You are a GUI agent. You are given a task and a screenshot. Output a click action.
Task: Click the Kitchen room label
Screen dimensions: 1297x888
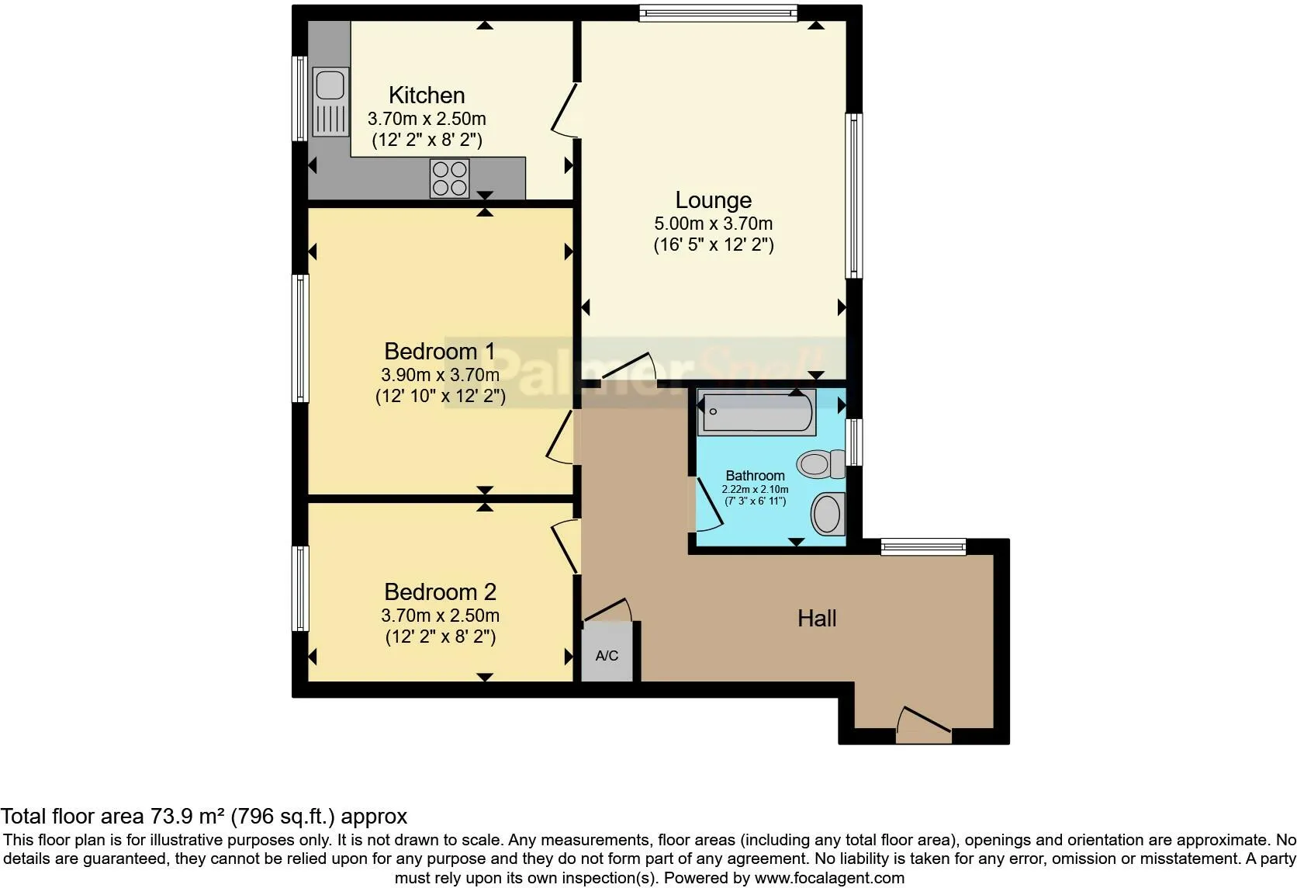click(427, 95)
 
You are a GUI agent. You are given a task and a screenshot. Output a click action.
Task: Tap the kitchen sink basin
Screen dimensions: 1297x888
click(330, 85)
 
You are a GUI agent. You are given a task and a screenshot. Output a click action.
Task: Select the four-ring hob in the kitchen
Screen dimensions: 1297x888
click(449, 178)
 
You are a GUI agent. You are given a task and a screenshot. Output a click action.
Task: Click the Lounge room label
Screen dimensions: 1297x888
click(714, 199)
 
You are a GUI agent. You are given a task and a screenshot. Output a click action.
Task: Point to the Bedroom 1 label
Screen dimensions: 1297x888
click(440, 351)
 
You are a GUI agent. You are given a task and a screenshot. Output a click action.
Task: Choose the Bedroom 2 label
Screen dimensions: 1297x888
click(440, 592)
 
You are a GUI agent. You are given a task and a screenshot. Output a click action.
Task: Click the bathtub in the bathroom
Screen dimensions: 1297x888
click(757, 412)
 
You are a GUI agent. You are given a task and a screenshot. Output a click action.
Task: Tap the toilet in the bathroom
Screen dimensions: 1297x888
click(821, 463)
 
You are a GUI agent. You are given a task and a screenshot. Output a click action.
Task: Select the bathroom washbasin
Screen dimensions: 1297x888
click(828, 514)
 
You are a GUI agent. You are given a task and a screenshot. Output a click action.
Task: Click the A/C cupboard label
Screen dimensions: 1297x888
click(607, 656)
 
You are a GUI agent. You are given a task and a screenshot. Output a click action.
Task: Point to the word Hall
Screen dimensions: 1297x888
click(817, 619)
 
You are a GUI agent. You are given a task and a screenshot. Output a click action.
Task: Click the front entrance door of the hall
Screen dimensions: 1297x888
click(924, 725)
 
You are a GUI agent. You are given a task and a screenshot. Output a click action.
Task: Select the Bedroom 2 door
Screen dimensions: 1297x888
click(565, 546)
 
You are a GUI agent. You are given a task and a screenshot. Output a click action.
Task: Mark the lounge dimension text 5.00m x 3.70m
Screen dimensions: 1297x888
click(714, 223)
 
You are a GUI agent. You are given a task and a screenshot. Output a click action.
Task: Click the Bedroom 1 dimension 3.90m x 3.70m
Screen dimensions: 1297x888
click(440, 375)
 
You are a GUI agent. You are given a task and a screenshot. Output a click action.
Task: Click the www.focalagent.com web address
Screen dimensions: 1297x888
click(829, 878)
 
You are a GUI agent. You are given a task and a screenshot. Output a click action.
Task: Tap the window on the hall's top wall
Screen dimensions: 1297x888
click(924, 546)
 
